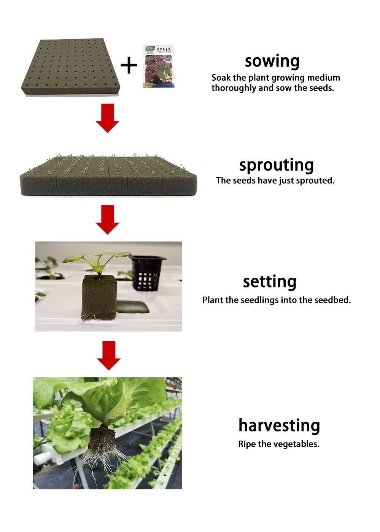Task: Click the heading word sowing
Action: (x=272, y=61)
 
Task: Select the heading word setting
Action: (x=269, y=282)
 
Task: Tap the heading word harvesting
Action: (x=279, y=426)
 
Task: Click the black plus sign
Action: (x=129, y=65)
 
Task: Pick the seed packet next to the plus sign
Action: (x=159, y=66)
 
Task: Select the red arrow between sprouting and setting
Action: (x=108, y=219)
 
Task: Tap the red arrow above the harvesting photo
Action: (x=108, y=355)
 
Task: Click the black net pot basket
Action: (x=147, y=273)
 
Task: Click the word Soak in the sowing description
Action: (x=221, y=78)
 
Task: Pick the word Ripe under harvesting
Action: (x=247, y=444)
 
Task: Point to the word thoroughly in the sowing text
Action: (x=234, y=88)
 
